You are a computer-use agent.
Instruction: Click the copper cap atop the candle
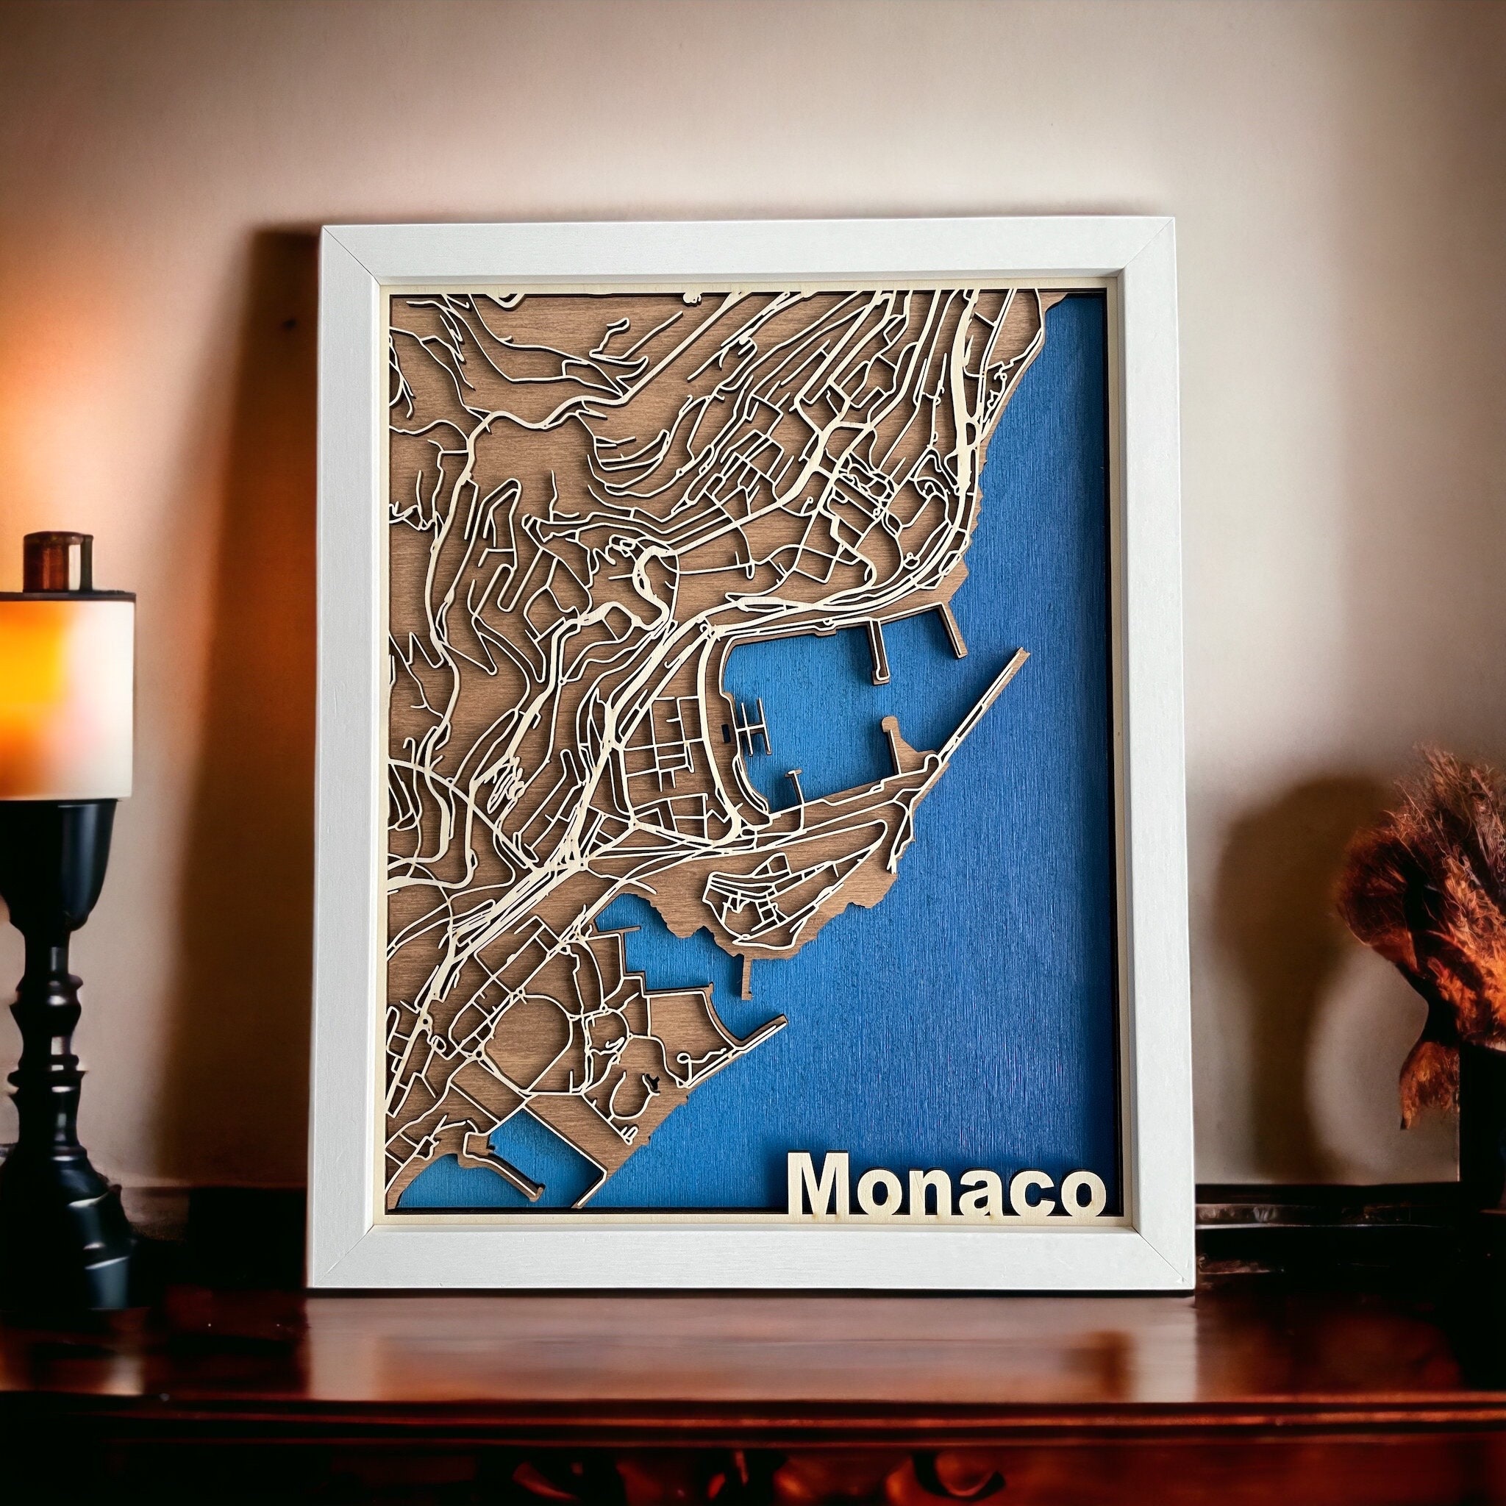point(57,560)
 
